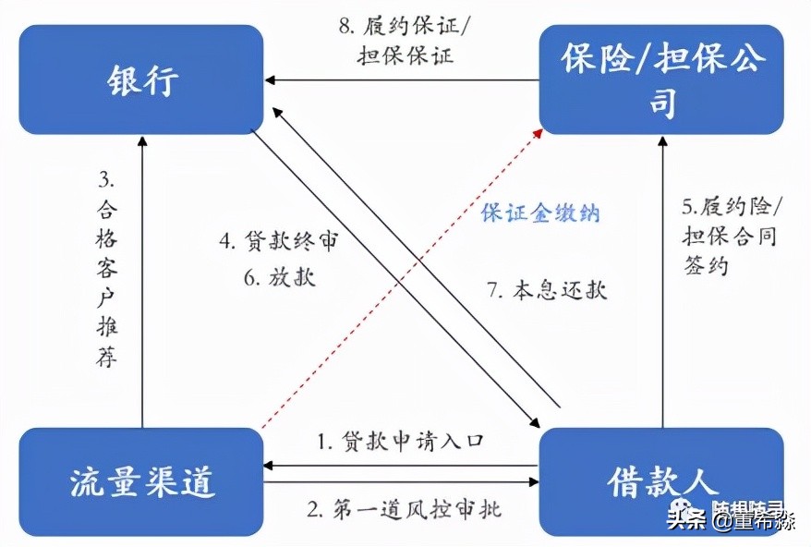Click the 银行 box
tap(141, 79)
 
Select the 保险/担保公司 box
tap(661, 79)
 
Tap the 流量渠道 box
tap(141, 481)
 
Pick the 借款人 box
tap(661, 481)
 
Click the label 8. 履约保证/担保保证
tap(405, 40)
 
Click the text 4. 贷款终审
tap(278, 243)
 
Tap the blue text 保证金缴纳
tap(540, 213)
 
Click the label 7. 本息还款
tap(547, 289)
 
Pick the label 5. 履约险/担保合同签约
tap(730, 235)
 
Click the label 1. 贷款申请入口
tap(399, 441)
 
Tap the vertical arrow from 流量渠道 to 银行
tap(142, 277)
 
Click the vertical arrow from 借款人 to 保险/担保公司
tap(661, 277)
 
